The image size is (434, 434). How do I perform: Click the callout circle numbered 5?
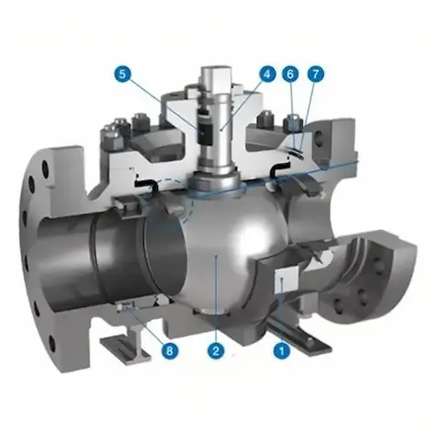click(122, 74)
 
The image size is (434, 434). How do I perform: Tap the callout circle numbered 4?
click(266, 74)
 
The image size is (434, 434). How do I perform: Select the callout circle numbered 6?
click(290, 74)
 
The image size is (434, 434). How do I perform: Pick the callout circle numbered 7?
click(315, 74)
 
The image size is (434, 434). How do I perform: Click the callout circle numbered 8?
click(168, 351)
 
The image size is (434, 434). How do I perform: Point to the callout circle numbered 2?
click(216, 351)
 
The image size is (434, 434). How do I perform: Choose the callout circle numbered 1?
click(282, 351)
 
